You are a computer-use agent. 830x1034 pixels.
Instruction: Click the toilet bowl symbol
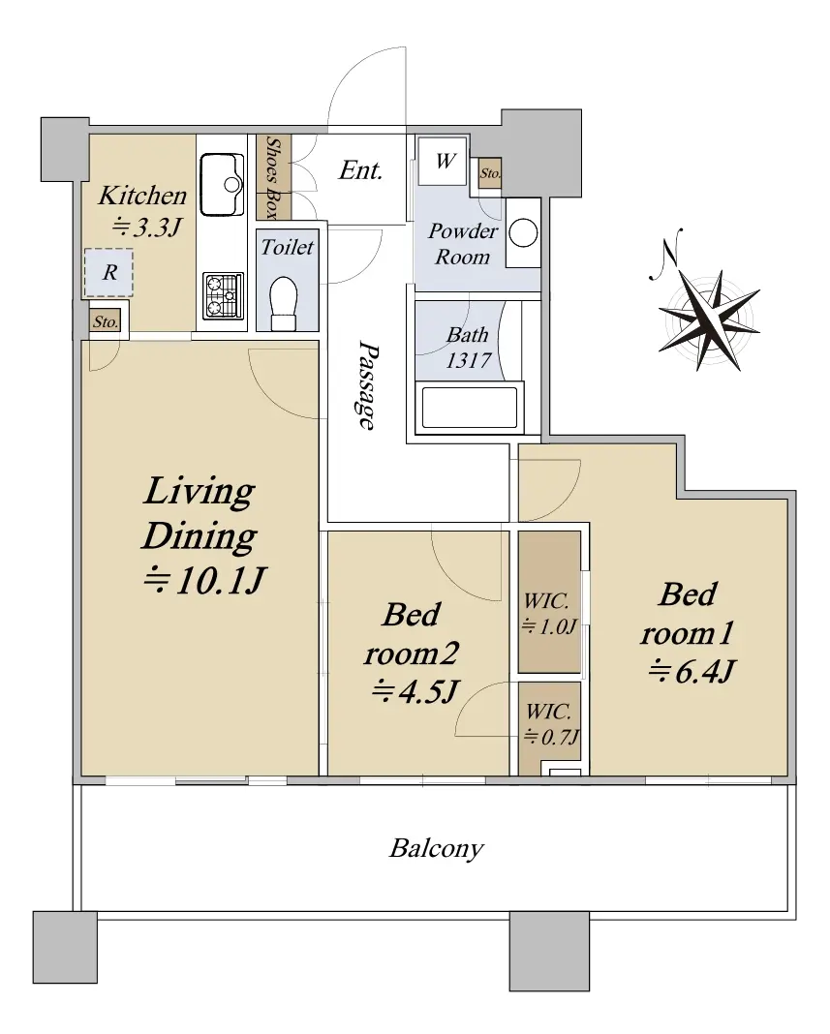click(x=285, y=303)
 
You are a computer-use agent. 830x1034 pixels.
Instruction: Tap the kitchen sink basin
click(x=222, y=185)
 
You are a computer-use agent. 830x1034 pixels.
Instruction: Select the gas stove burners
click(x=223, y=296)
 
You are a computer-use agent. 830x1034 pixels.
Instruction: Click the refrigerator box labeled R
click(x=108, y=272)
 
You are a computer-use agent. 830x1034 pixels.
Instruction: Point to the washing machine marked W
click(x=444, y=161)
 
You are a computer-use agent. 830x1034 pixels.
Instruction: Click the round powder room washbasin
click(x=523, y=233)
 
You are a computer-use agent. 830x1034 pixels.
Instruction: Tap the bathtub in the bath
click(x=469, y=408)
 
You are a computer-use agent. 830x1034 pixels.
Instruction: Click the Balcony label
click(x=436, y=848)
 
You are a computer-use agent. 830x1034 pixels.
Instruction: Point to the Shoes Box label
click(x=272, y=177)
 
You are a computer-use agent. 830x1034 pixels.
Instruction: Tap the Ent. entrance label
click(x=360, y=170)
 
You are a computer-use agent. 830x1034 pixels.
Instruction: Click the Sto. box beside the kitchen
click(x=106, y=321)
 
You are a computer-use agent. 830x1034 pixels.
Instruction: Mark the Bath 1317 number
click(x=468, y=360)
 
